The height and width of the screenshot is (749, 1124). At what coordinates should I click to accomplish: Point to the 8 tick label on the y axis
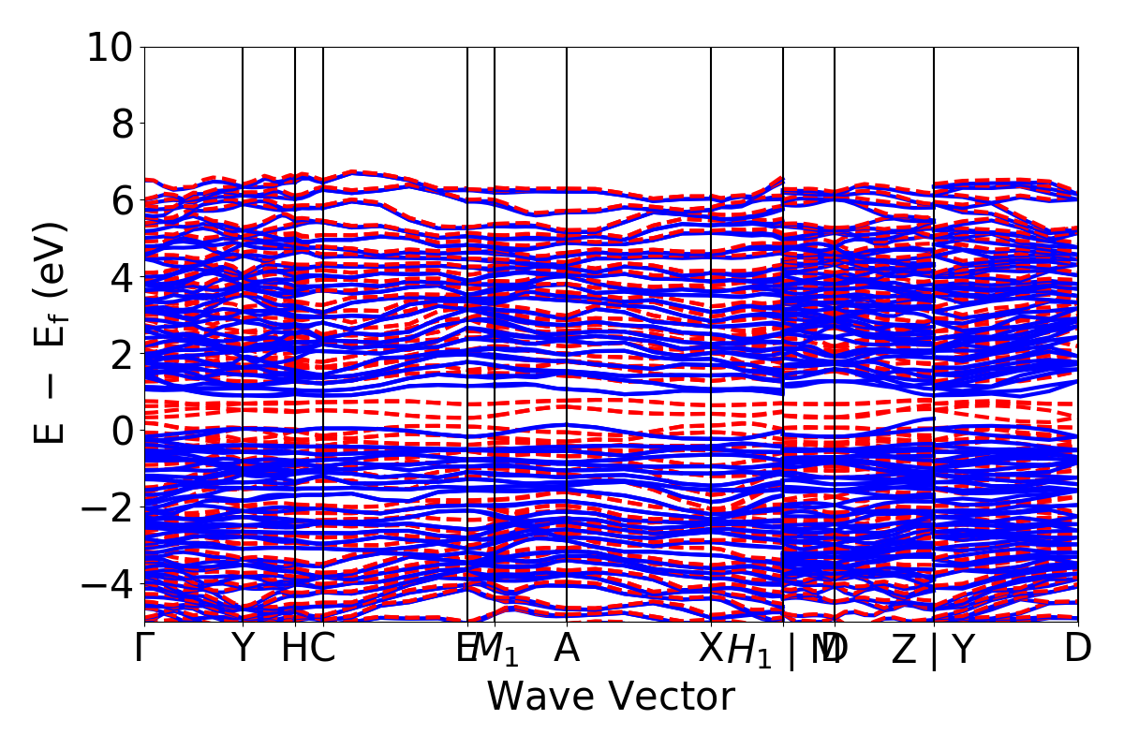(x=123, y=124)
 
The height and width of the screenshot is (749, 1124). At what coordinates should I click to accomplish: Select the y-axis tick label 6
(x=123, y=200)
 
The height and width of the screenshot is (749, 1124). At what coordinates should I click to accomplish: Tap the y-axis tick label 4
(x=123, y=277)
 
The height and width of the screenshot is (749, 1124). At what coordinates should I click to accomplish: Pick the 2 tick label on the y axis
(x=123, y=354)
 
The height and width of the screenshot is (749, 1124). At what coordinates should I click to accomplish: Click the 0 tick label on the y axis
(x=123, y=431)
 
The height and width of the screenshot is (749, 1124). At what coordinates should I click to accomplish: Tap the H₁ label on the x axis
(x=750, y=650)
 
